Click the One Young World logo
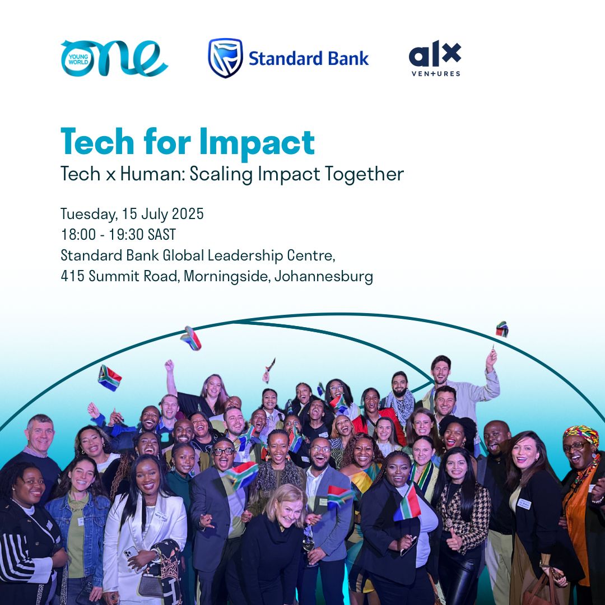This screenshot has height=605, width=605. click(114, 58)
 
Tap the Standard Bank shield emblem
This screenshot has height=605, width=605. click(225, 58)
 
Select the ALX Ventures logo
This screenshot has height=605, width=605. click(435, 58)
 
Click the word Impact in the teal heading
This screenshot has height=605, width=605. click(257, 142)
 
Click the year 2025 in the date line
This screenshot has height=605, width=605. click(188, 214)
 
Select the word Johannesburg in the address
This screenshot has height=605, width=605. click(324, 276)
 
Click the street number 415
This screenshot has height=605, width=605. click(72, 276)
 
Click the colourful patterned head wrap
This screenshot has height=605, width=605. click(581, 435)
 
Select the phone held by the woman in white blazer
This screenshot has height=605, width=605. click(131, 553)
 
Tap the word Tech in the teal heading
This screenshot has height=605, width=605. click(97, 142)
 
